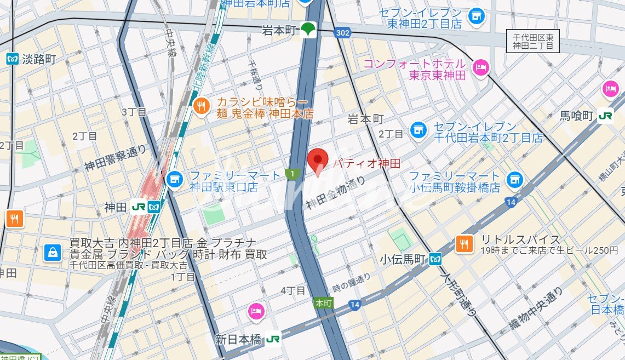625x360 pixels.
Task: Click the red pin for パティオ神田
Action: coord(317,160)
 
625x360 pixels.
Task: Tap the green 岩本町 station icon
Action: coord(309,30)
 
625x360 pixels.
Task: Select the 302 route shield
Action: coord(342,33)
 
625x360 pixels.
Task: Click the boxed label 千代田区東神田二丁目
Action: coord(532,42)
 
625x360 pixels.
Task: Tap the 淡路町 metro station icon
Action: coord(13,59)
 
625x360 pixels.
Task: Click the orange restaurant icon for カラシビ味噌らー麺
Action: coord(202,107)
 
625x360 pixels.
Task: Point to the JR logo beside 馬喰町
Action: coord(605,116)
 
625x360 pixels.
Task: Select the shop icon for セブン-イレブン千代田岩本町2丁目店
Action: coord(419,130)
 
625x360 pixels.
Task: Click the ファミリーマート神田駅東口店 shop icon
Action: coord(174,178)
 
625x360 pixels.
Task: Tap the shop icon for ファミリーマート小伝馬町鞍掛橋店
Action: coord(513,179)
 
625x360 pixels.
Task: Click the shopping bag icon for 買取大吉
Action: coord(53,252)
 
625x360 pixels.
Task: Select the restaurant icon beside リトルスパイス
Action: coord(464,244)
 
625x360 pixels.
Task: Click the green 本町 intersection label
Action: coord(324,303)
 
